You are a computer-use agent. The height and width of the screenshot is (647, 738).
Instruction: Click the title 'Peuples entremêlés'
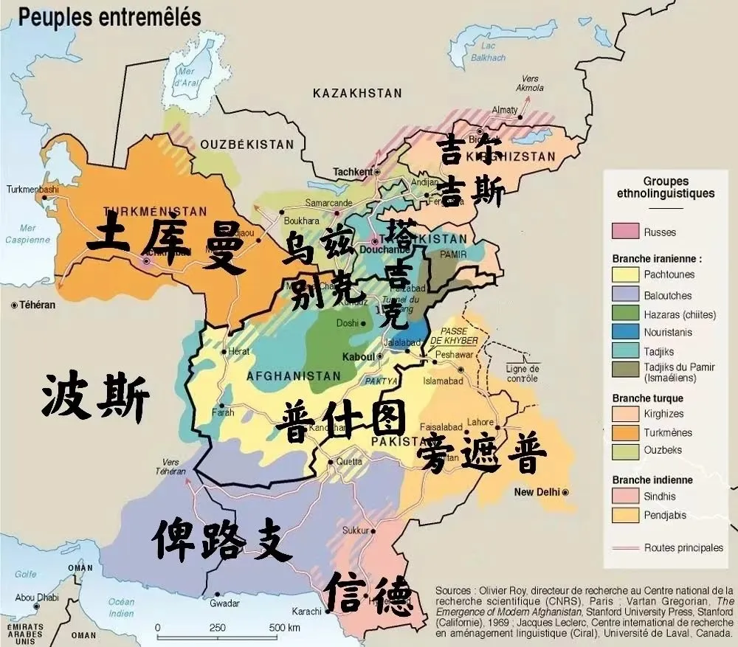click(x=109, y=18)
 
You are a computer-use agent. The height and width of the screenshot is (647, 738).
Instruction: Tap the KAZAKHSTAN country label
click(x=357, y=93)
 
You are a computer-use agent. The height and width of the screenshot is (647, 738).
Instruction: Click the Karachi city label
click(x=306, y=612)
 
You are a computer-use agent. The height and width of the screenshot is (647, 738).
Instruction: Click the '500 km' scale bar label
click(x=284, y=628)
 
